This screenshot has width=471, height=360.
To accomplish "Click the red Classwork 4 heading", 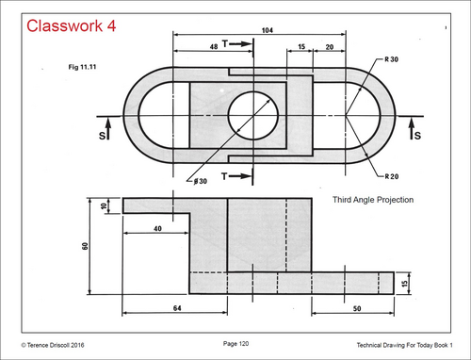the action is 72,25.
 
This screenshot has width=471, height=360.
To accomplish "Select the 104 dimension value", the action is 268,30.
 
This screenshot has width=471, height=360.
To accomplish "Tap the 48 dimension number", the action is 214,46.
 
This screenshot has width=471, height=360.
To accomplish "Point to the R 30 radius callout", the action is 392,59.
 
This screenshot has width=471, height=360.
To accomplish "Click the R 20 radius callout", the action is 392,176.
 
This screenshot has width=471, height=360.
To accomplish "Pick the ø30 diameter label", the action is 201,181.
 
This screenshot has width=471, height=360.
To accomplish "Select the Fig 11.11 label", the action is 82,67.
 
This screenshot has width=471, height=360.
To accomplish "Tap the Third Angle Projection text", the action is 373,200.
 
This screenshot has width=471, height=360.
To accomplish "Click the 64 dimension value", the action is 177,308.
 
